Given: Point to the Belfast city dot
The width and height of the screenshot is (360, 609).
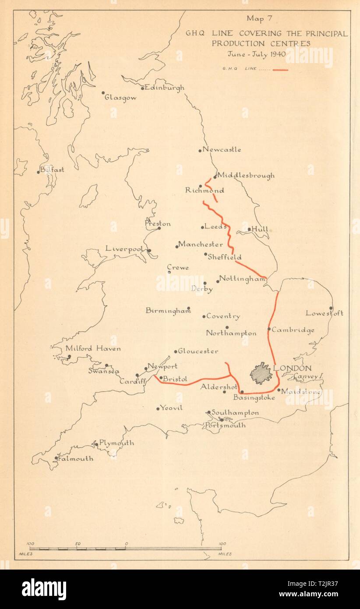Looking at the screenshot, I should [x=39, y=172].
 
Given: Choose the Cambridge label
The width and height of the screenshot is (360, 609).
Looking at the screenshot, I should [x=293, y=330].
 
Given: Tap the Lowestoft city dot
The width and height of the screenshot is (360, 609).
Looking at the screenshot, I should [x=331, y=308].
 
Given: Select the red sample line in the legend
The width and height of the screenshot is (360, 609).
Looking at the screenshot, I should [x=280, y=69].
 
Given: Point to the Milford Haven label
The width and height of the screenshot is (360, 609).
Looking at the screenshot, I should [x=93, y=349].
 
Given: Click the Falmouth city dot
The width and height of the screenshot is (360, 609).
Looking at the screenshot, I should [x=56, y=459].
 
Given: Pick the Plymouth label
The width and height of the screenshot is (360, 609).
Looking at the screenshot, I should [x=116, y=443].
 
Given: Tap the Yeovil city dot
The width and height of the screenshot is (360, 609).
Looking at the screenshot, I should [x=158, y=408].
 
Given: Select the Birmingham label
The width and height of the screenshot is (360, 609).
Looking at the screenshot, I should [x=168, y=311].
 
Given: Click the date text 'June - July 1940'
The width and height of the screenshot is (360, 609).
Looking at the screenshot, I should [x=256, y=54].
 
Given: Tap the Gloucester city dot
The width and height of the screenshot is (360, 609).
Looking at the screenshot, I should [x=176, y=351].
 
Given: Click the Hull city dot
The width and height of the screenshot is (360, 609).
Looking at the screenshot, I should [x=249, y=229].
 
